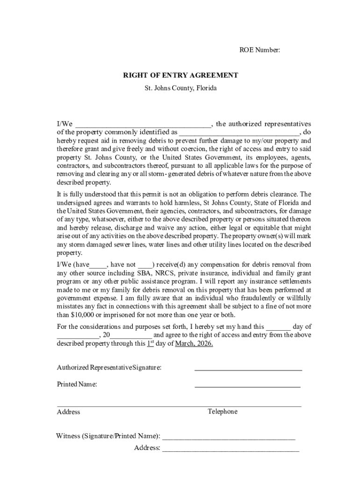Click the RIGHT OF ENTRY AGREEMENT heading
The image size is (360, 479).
180,75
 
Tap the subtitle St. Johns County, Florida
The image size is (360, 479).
180,87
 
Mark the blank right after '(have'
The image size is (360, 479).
98,265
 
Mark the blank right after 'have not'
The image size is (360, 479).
145,265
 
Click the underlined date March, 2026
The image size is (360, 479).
194,343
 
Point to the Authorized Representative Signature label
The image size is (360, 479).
109,368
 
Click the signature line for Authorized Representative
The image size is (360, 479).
248,370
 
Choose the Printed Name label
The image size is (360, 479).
77,385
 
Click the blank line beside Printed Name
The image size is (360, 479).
247,387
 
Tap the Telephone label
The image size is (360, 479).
223,412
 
